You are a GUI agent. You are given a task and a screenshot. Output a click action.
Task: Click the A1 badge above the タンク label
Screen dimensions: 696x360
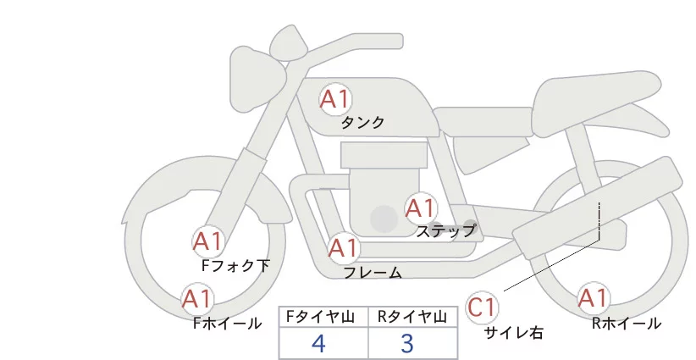334,99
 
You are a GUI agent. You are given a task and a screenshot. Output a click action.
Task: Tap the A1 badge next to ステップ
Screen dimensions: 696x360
421,208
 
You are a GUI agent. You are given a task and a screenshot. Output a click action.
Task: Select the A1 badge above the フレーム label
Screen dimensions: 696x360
343,249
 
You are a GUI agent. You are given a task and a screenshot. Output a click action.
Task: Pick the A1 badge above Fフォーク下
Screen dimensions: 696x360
207,242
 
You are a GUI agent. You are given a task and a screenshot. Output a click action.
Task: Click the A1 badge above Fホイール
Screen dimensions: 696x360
197,299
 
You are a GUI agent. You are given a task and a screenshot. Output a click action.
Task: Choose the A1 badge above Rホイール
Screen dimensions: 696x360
593,298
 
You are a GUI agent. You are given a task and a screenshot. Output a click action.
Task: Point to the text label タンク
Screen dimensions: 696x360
362,123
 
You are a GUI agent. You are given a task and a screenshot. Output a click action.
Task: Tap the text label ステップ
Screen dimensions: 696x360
446,230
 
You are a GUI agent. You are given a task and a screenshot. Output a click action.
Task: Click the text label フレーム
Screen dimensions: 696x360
373,273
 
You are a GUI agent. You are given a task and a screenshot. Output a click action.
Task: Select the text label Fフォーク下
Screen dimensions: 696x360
235,266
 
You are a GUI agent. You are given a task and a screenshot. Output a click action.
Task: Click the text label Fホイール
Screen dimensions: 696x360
227,324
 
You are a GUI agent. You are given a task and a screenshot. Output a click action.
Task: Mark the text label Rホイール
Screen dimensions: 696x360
627,324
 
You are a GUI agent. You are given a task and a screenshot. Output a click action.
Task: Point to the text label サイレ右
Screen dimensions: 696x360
514,333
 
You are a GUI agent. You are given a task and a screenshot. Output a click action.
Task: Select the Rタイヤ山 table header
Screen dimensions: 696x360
412,317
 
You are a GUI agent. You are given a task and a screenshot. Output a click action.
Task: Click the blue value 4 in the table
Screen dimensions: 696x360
319,344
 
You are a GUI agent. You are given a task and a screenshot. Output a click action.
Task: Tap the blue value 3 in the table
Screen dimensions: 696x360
407,344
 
